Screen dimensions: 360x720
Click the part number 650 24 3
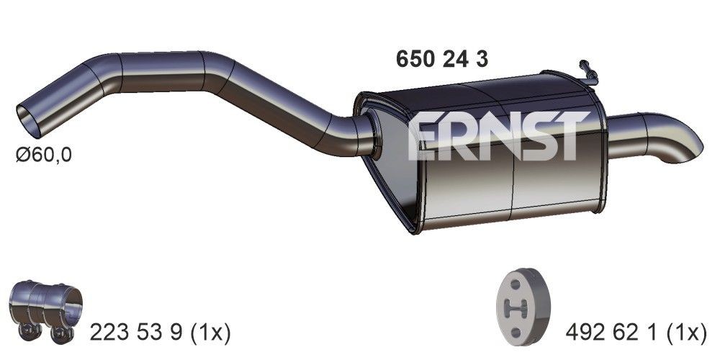click(x=442, y=59)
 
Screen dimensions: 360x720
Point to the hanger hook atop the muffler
click(x=588, y=70)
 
